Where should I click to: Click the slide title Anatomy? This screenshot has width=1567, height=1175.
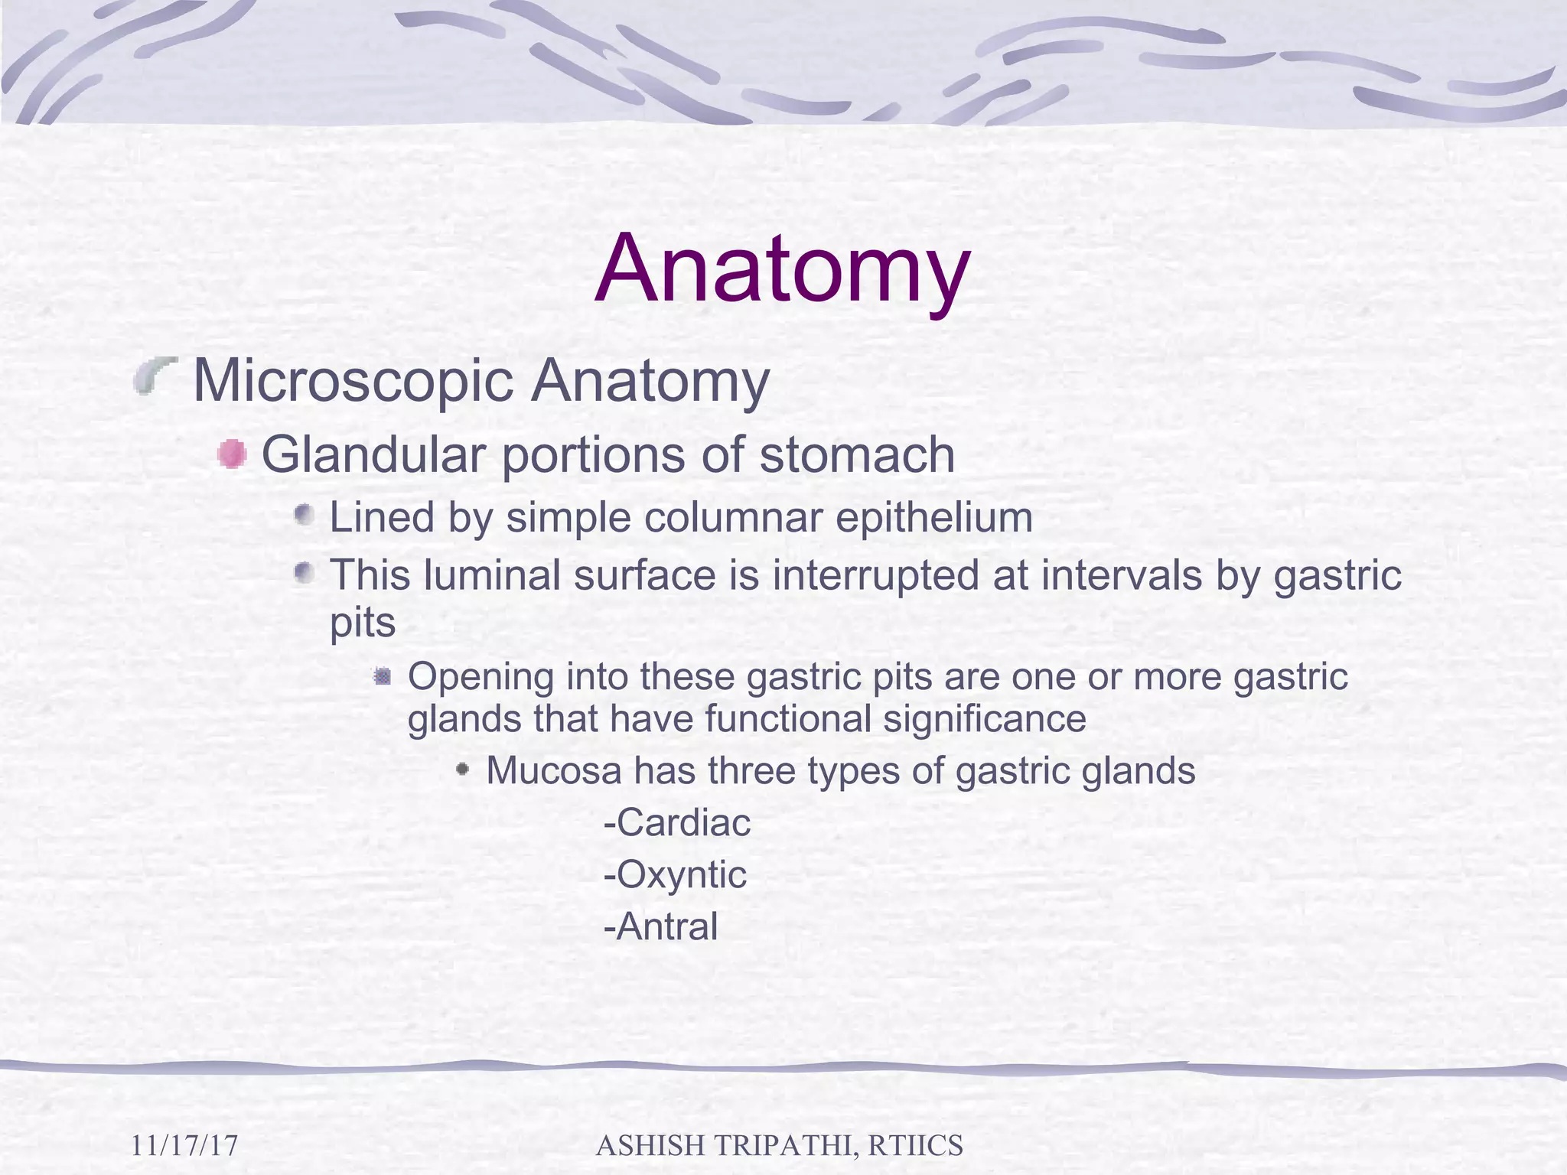tap(783, 269)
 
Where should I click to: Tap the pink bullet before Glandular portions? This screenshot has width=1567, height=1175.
tap(231, 455)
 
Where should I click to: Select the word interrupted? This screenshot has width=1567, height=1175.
tap(875, 575)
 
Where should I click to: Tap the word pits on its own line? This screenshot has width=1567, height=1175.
tap(362, 623)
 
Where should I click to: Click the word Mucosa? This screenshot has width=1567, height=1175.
tap(554, 771)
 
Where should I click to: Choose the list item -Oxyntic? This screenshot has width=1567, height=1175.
tap(675, 875)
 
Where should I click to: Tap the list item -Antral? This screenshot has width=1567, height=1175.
tap(661, 927)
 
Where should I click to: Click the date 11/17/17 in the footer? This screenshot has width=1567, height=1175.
tap(184, 1146)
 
